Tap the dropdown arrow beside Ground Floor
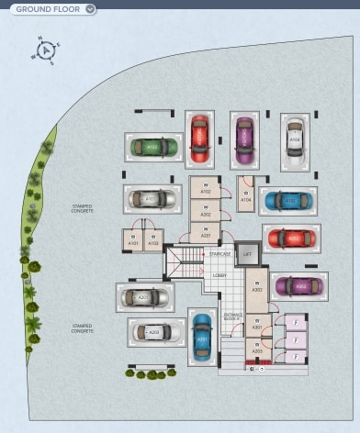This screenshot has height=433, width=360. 89,9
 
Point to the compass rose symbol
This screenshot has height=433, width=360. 46,48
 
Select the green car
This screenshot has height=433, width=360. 152,147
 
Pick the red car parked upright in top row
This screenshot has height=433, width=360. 199,138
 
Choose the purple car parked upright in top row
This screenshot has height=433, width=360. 244,139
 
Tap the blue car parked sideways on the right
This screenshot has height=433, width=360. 287,200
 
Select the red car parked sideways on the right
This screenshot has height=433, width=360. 291,239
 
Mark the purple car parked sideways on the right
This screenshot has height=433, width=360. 299,286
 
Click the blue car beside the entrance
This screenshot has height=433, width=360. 202,339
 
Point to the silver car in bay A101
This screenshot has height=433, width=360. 152,198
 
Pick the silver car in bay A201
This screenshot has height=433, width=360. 145,297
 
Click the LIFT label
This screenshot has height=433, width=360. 246,254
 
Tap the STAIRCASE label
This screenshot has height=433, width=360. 219,254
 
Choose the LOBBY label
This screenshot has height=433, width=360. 219,275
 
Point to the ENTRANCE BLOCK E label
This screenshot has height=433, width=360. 233,317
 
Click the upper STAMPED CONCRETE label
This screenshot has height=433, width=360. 83,210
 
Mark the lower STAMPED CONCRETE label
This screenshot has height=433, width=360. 83,328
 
